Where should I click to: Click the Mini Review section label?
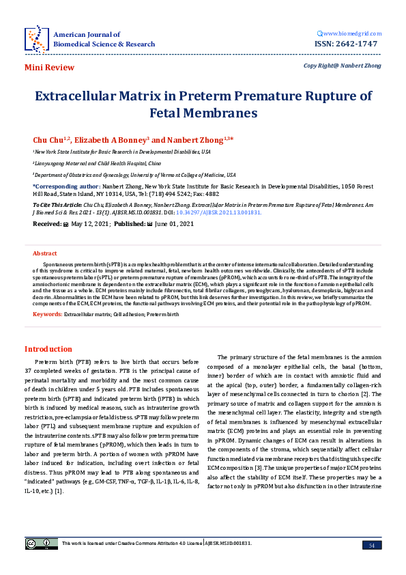[x=49, y=68]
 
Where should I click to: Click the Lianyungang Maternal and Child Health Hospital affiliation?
[x=98, y=164]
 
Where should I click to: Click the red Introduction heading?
[x=48, y=349]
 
